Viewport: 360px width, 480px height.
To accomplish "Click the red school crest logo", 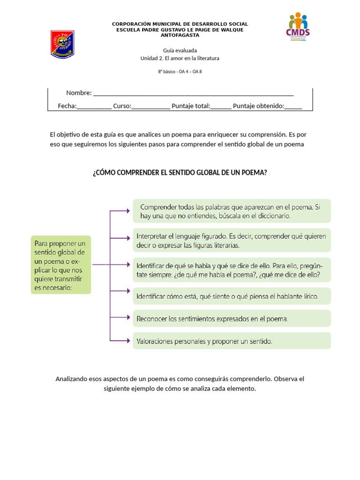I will tap(62, 44).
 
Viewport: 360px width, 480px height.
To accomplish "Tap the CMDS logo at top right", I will tap(298, 27).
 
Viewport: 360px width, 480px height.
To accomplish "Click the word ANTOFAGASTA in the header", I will tap(180, 35).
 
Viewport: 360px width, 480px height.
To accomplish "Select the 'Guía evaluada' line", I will tap(180, 50).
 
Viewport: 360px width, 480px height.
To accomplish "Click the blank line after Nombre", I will tap(193, 93).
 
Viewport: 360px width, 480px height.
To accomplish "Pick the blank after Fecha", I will tap(94, 106).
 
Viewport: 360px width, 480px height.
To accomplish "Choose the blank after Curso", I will tap(150, 106).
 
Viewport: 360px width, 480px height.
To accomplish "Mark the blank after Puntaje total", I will tap(221, 106).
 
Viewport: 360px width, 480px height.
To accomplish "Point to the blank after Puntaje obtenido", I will tap(293, 106).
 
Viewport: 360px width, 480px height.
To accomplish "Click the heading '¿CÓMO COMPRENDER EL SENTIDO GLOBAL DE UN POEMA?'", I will tap(180, 172).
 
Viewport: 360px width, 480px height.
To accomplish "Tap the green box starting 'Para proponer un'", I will tap(61, 265).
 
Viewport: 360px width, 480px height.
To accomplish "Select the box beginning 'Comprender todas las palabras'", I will tap(232, 211).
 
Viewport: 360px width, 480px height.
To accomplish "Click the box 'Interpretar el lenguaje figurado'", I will tap(232, 240).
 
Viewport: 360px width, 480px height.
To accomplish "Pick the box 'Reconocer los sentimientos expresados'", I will tap(232, 319).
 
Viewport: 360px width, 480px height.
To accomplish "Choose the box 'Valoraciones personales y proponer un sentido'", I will tap(232, 341).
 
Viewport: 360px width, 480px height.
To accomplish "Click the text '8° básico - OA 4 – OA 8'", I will tap(180, 72).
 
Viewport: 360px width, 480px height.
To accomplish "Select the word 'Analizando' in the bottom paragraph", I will tap(71, 379).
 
